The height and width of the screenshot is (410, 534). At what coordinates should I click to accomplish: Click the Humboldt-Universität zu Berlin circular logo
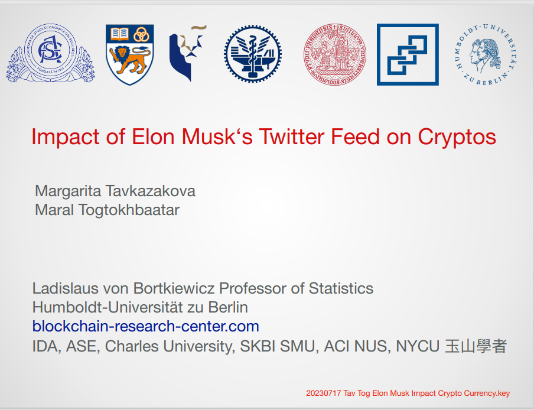coord(485,54)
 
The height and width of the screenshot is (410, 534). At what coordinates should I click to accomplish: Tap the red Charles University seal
coord(335,54)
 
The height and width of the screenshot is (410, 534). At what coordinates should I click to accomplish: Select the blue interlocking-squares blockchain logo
coord(408,54)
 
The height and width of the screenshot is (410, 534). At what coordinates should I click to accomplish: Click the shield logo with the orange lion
coord(130,54)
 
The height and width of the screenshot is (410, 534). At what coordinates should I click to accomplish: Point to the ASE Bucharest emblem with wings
coord(50,53)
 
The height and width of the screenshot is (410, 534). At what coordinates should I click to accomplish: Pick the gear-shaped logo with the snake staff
coord(253,54)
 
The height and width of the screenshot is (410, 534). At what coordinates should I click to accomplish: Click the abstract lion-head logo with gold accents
coord(188,53)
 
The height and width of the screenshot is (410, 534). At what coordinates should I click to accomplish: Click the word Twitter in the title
coord(292,136)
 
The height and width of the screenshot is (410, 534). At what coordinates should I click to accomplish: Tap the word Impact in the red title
coord(65,137)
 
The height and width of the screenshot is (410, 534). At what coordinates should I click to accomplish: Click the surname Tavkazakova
coord(150,191)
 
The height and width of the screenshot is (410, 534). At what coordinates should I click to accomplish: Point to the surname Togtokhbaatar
coord(129,210)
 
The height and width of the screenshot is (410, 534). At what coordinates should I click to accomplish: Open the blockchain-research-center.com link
coord(146,326)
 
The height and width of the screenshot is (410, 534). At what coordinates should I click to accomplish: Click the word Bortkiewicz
coord(174,288)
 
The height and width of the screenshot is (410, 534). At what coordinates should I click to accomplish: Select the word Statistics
coord(341,288)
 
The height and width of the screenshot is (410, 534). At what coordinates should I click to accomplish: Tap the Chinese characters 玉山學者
coord(476,346)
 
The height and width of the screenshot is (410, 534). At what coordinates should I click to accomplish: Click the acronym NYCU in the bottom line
coord(418,346)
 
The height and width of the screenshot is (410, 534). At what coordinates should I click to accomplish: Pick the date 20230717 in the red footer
coord(323,393)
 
